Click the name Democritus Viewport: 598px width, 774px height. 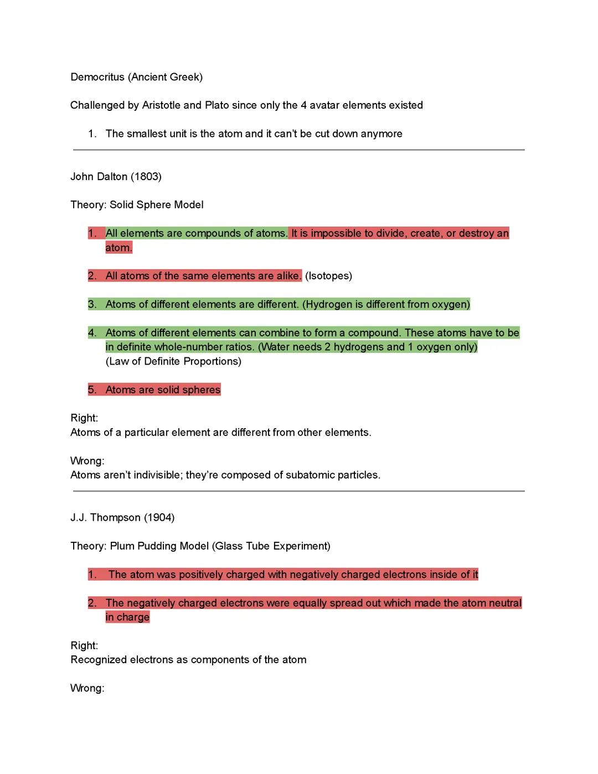[x=97, y=77]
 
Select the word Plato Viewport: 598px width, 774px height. [x=216, y=105]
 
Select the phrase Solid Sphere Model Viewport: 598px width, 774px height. [x=156, y=205]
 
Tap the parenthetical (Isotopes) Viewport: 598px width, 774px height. [x=328, y=276]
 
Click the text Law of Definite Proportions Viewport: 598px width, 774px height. [x=173, y=361]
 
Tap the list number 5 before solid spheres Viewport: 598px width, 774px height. [x=92, y=390]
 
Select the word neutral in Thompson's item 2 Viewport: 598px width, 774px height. [x=503, y=603]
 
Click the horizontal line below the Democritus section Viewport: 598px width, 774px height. [x=298, y=150]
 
